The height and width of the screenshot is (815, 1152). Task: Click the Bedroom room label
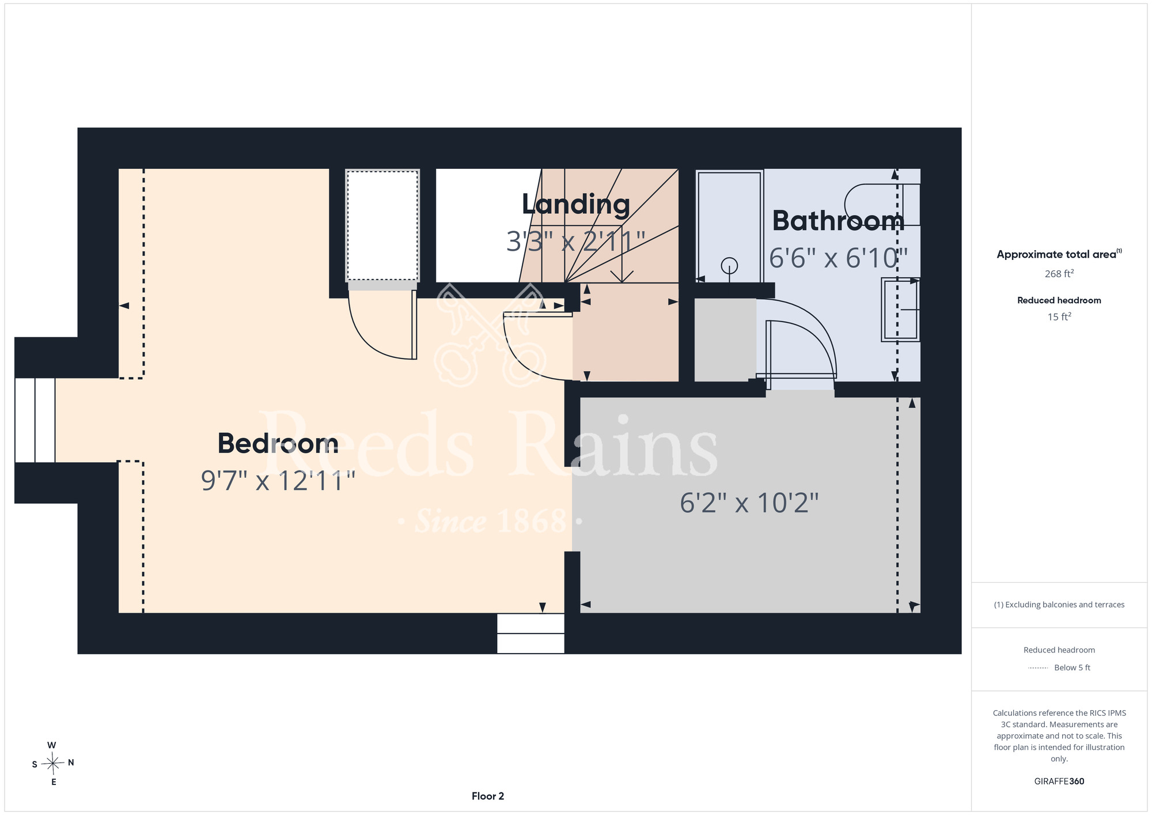tap(278, 443)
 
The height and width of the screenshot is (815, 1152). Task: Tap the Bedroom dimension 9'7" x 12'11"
tap(278, 481)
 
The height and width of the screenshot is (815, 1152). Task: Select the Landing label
tap(575, 205)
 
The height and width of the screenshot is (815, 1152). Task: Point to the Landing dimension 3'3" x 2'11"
tap(575, 242)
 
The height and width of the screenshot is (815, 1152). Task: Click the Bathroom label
tap(838, 221)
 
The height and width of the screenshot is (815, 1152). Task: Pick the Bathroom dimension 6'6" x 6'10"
tap(838, 258)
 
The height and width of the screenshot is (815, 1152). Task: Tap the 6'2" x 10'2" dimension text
tap(749, 503)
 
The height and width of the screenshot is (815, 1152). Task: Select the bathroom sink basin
tap(900, 310)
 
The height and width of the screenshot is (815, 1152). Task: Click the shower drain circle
tap(730, 266)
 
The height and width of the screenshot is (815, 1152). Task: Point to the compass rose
tap(53, 763)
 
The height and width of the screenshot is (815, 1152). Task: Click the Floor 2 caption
tap(488, 796)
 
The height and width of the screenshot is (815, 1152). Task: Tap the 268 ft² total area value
tap(1059, 274)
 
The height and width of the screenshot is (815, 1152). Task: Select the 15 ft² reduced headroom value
tap(1059, 316)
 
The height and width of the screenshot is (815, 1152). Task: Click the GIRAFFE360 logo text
tap(1059, 782)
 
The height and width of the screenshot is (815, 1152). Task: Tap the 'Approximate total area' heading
tap(1059, 254)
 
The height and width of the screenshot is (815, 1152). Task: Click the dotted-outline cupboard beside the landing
tap(382, 225)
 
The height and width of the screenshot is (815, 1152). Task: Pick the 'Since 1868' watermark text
tap(491, 521)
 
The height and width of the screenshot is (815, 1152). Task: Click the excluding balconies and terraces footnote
tap(1059, 605)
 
